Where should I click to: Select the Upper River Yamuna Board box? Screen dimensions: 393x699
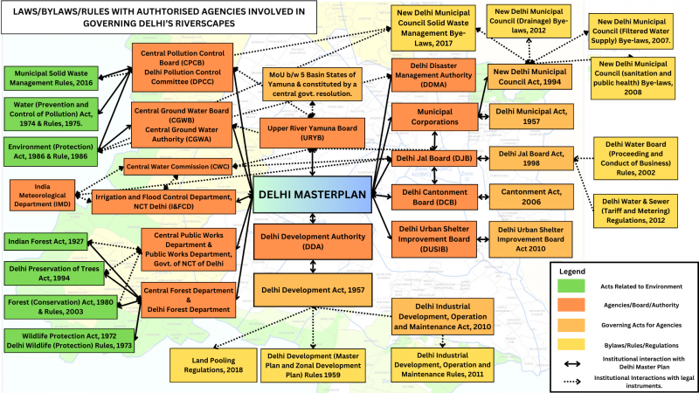[x=313, y=133]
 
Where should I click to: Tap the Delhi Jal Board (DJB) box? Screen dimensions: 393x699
[x=434, y=158]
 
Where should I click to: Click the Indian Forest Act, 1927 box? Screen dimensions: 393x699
[x=45, y=240]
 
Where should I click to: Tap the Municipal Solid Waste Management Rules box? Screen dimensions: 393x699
[x=51, y=78]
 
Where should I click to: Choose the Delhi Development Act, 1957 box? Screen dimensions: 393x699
[x=313, y=288]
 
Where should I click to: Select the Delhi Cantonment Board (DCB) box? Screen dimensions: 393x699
[x=434, y=196]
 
